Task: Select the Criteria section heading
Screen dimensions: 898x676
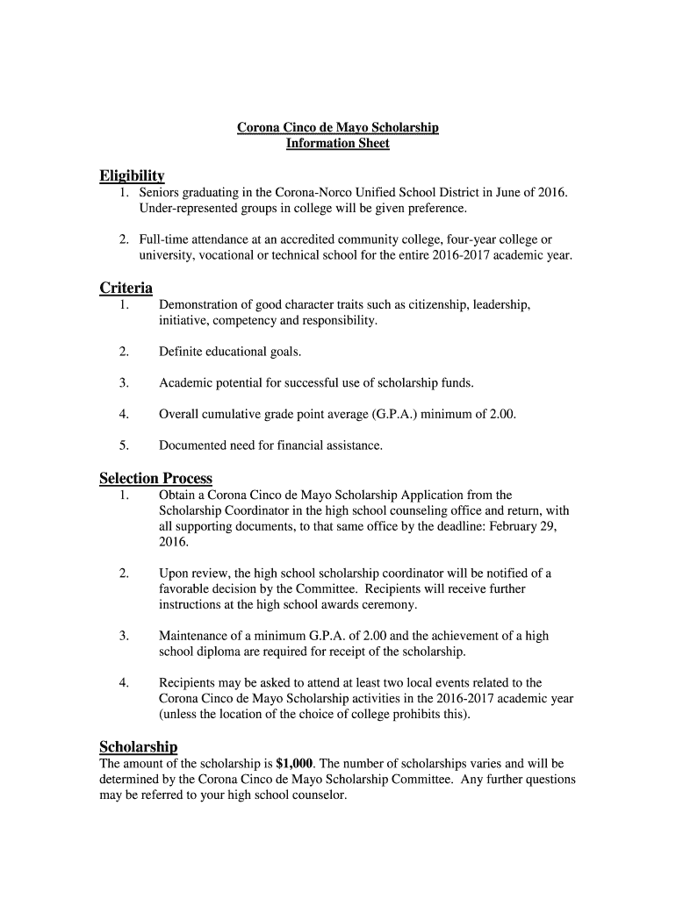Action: (x=126, y=288)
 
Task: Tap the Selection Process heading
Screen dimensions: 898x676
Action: (x=155, y=478)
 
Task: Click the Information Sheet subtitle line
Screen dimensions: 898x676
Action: (x=338, y=144)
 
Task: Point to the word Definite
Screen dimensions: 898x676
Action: (x=181, y=352)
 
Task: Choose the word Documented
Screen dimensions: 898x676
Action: (x=191, y=445)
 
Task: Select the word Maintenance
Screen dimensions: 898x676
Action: (x=195, y=636)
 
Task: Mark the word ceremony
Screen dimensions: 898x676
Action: (x=387, y=605)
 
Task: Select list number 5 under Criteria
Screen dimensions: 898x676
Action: (x=125, y=445)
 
